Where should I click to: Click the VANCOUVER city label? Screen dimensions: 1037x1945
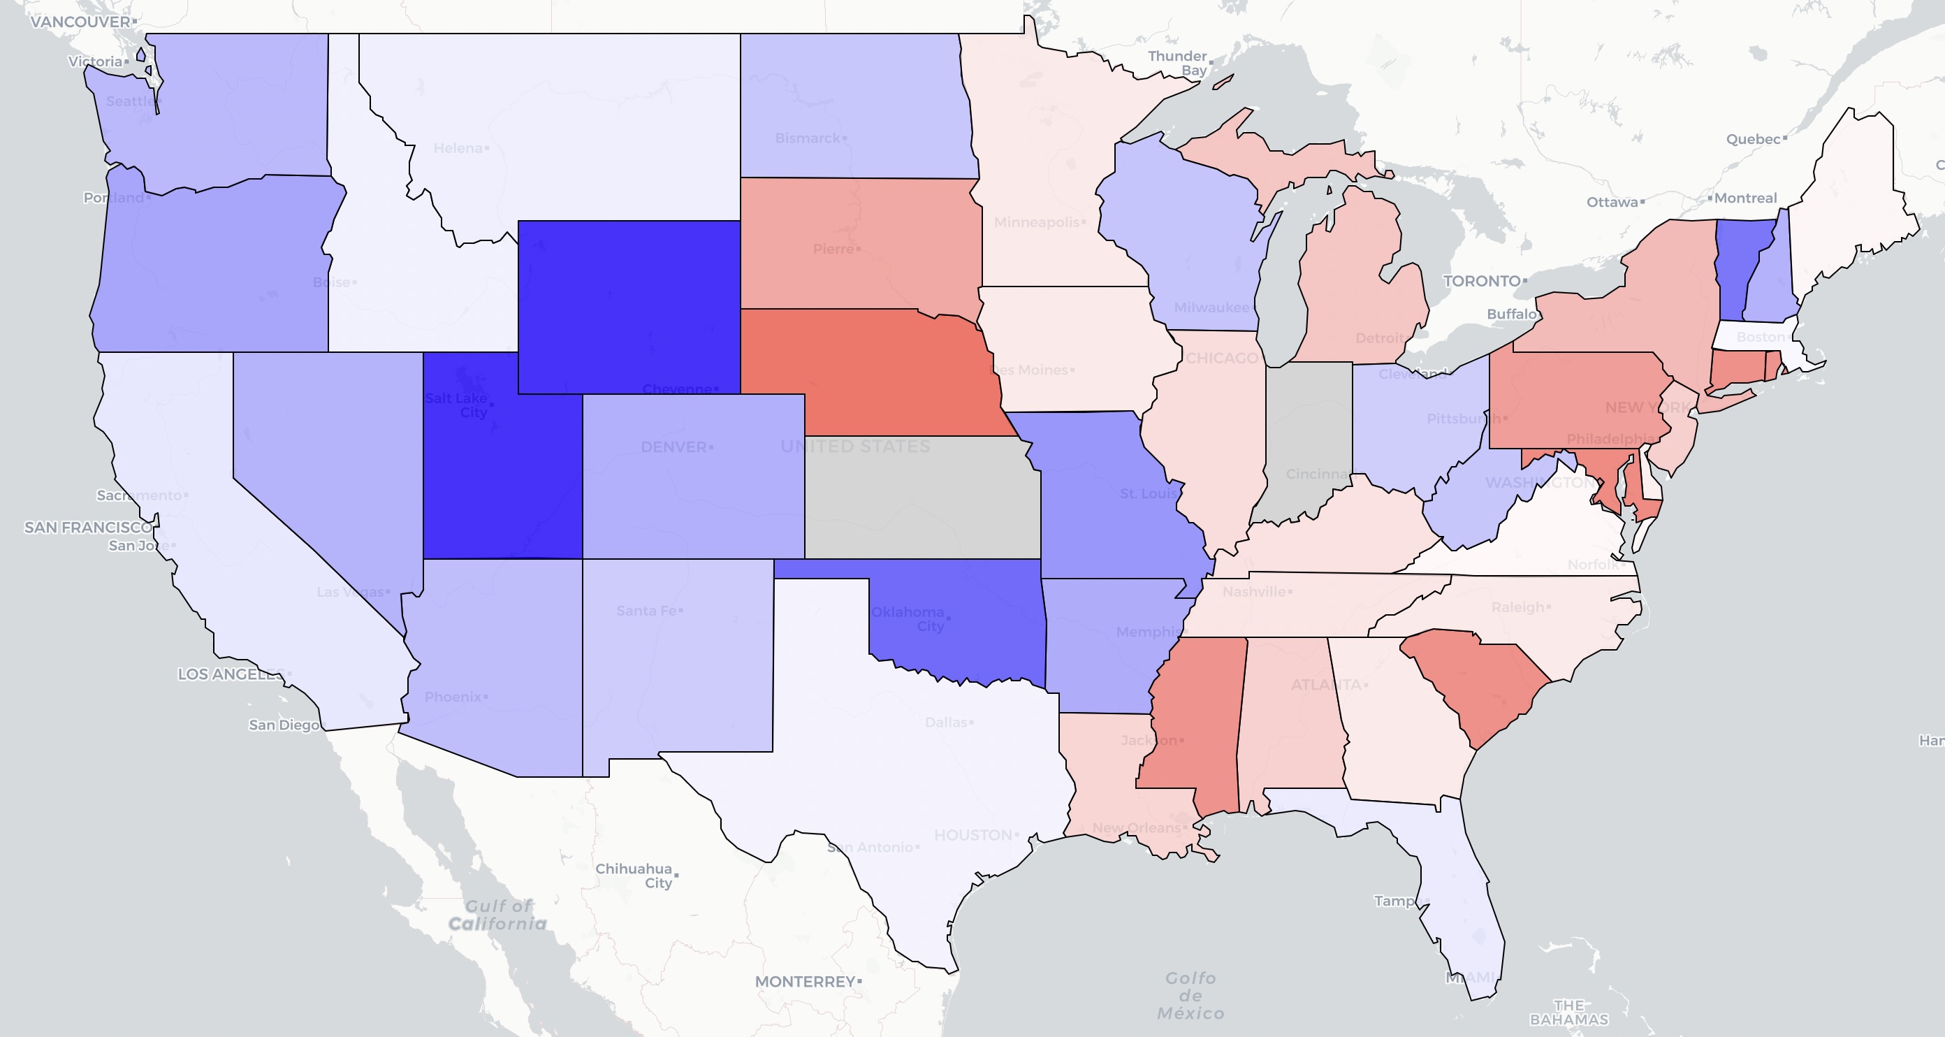click(x=81, y=22)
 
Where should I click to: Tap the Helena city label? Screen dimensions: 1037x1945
click(x=458, y=148)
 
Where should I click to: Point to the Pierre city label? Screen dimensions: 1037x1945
click(x=833, y=249)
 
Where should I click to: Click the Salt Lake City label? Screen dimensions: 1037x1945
click(x=457, y=405)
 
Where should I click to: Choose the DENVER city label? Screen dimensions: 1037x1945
click(x=673, y=447)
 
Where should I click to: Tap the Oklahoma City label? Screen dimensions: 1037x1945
click(x=908, y=618)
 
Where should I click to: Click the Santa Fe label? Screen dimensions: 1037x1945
click(x=646, y=610)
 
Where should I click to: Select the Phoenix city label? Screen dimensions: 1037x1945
click(x=453, y=697)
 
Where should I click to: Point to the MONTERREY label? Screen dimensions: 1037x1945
click(x=805, y=981)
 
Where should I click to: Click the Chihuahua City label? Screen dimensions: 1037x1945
click(x=634, y=876)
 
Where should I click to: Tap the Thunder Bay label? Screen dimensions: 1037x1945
click(x=1178, y=63)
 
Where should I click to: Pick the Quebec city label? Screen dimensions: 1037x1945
click(x=1753, y=139)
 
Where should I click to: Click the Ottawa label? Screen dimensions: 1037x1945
click(x=1612, y=202)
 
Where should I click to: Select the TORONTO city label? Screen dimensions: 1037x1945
click(x=1481, y=281)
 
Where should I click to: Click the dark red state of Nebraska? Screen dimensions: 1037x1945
click(x=868, y=363)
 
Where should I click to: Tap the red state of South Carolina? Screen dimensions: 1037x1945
click(x=1480, y=680)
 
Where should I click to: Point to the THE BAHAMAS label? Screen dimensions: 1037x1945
click(x=1569, y=1012)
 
